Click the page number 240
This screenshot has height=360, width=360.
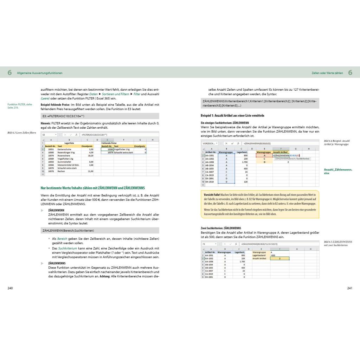[x=10, y=288]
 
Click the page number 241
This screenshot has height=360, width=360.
[x=349, y=288]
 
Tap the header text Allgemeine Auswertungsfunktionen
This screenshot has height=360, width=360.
[x=40, y=73]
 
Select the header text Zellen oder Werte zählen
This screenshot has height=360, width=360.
[x=327, y=73]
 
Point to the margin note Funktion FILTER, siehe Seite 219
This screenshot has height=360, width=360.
[x=20, y=106]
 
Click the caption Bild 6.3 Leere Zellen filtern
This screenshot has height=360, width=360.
[x=22, y=133]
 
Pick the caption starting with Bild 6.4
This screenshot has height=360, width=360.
[x=337, y=142]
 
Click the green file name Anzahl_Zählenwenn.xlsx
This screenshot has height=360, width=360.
[x=338, y=171]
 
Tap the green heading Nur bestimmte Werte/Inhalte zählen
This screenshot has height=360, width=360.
[x=92, y=188]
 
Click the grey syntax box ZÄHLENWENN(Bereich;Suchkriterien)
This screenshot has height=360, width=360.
[x=100, y=231]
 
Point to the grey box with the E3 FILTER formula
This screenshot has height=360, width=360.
[x=100, y=116]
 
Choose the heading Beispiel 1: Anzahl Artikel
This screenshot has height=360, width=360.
[x=232, y=115]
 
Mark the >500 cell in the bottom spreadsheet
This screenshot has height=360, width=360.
[x=273, y=255]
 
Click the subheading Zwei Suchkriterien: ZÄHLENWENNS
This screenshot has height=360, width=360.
[x=221, y=228]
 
